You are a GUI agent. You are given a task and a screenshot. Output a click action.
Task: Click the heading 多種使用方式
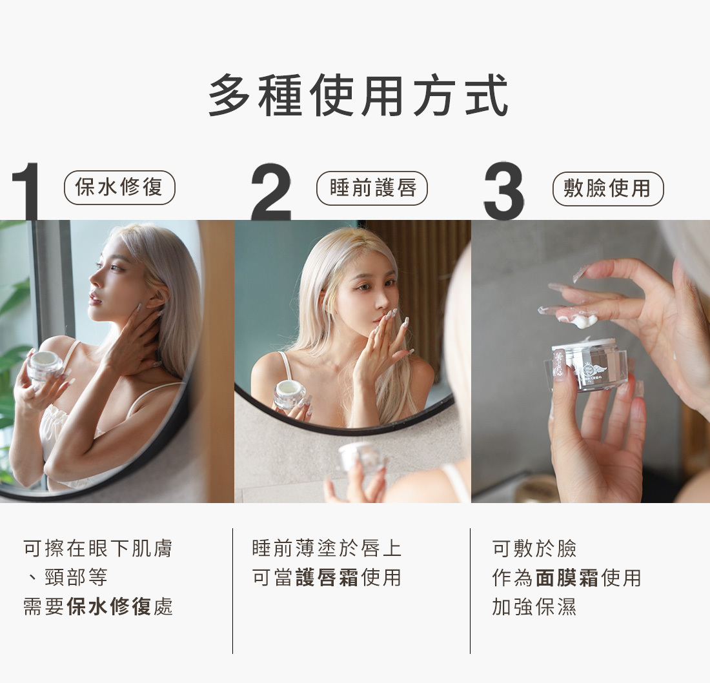tap(358, 95)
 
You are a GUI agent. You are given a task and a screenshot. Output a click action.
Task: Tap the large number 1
tap(25, 192)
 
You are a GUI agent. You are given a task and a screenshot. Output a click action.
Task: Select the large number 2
tap(270, 192)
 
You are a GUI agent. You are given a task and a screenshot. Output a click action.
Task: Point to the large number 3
tap(504, 190)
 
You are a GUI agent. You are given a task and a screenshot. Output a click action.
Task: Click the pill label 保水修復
tap(119, 187)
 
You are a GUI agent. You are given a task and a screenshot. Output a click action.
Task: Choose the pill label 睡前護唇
tap(372, 188)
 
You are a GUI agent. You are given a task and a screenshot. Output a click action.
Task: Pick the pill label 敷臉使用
tap(608, 188)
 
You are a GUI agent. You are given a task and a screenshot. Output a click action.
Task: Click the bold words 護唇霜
tap(327, 578)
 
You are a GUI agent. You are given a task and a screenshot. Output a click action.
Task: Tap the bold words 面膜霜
tap(567, 578)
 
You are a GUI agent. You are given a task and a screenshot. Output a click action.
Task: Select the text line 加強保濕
tap(534, 606)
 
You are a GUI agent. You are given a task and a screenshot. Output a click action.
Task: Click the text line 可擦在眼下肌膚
tap(98, 548)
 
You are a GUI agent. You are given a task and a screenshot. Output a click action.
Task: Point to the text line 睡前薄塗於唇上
tap(327, 548)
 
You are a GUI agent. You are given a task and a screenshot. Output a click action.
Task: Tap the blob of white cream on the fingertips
tap(583, 321)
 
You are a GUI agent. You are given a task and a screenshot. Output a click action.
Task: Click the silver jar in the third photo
tap(587, 366)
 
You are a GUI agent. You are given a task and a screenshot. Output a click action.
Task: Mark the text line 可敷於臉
tap(534, 548)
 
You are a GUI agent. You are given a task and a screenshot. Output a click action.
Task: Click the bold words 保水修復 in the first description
tap(108, 606)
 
